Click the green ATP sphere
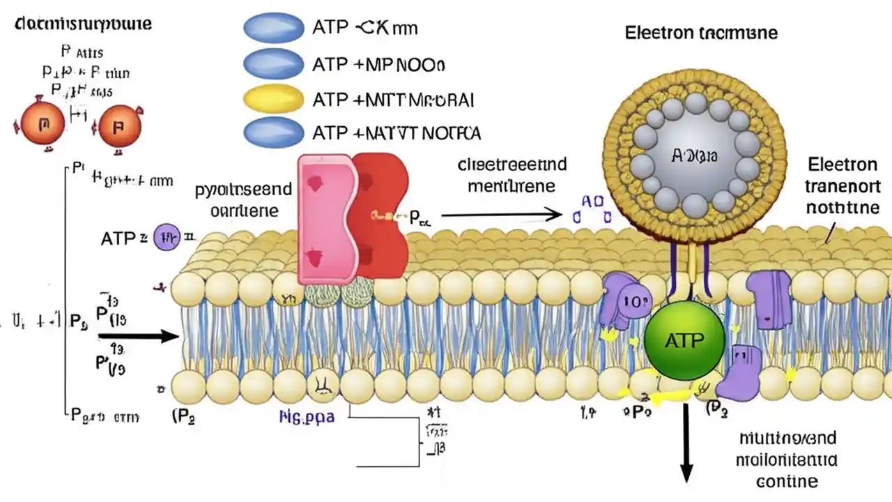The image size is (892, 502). click(675, 340)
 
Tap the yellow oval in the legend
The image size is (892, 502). click(273, 99)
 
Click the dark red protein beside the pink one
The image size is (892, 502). click(380, 216)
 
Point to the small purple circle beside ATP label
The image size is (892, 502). click(166, 238)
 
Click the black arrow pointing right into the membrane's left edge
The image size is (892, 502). click(139, 337)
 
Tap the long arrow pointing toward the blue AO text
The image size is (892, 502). click(501, 214)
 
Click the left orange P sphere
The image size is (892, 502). click(44, 125)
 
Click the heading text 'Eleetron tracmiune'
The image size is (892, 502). click(700, 33)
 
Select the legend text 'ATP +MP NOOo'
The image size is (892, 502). click(379, 65)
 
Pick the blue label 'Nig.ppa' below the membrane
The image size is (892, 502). click(307, 418)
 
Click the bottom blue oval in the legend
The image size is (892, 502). click(273, 132)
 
